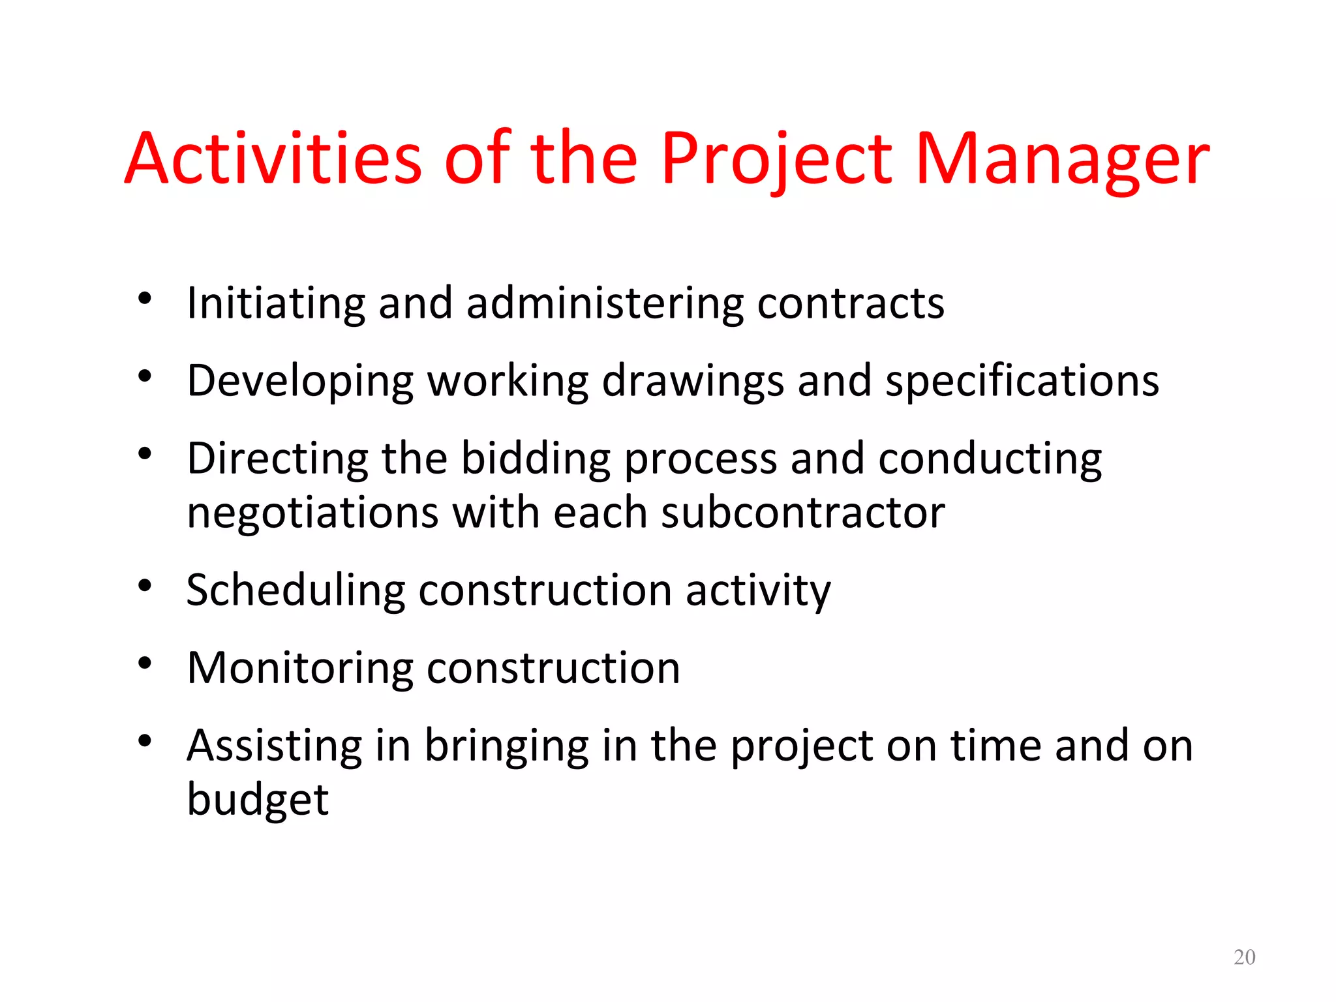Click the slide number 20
(x=1244, y=957)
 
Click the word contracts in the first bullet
(x=850, y=303)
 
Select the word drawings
(x=692, y=382)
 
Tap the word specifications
(x=1022, y=382)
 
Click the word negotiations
(x=312, y=513)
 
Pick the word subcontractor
(x=802, y=513)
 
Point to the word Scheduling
(x=296, y=590)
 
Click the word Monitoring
(x=300, y=668)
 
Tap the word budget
(x=258, y=800)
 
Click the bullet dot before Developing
(x=145, y=376)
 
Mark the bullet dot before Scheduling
(x=145, y=585)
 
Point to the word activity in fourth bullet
(x=758, y=590)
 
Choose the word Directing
(x=277, y=459)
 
